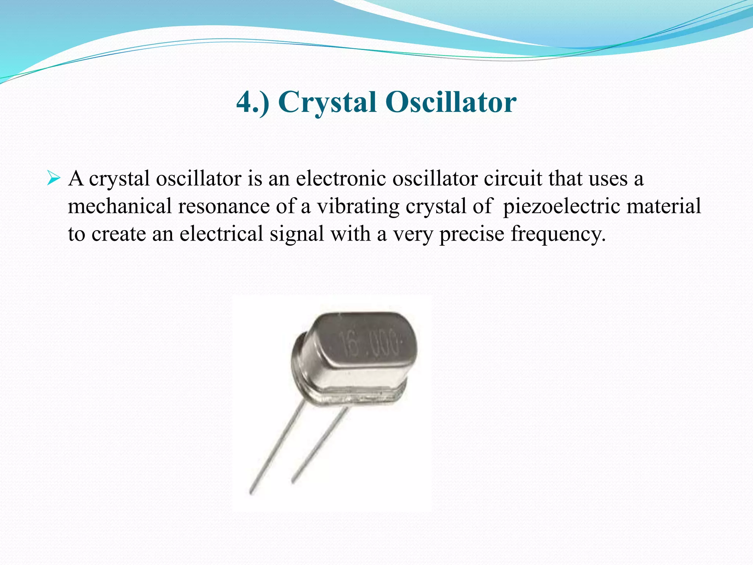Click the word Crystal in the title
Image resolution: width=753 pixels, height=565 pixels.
coord(327,102)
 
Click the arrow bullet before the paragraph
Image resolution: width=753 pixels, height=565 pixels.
coord(54,179)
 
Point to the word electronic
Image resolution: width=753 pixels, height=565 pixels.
coord(341,179)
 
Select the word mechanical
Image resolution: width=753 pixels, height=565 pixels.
coord(119,206)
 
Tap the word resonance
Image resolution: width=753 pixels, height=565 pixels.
coord(224,206)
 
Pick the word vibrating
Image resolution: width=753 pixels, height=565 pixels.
coord(358,207)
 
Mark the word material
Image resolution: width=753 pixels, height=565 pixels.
coord(664,206)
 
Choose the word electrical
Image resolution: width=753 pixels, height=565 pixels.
coord(221,234)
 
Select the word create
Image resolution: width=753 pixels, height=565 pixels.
coord(118,234)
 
